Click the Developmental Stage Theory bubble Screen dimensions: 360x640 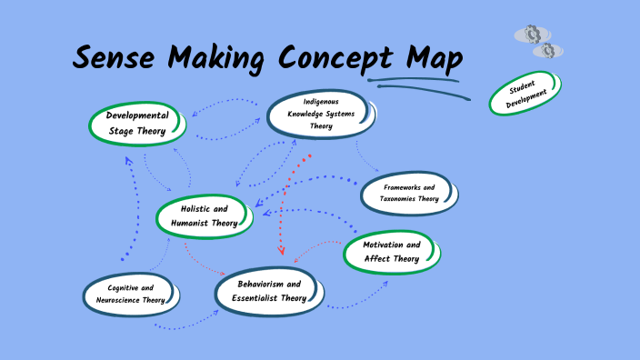pyautogui.click(x=137, y=124)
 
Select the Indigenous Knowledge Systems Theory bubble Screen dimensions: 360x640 pyautogui.click(x=320, y=114)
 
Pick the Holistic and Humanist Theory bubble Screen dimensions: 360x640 pyautogui.click(x=203, y=215)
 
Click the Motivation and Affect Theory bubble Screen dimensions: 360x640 pyautogui.click(x=391, y=252)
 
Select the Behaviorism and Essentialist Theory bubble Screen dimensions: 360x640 pyautogui.click(x=268, y=291)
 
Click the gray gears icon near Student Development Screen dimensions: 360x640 pyautogui.click(x=539, y=42)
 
